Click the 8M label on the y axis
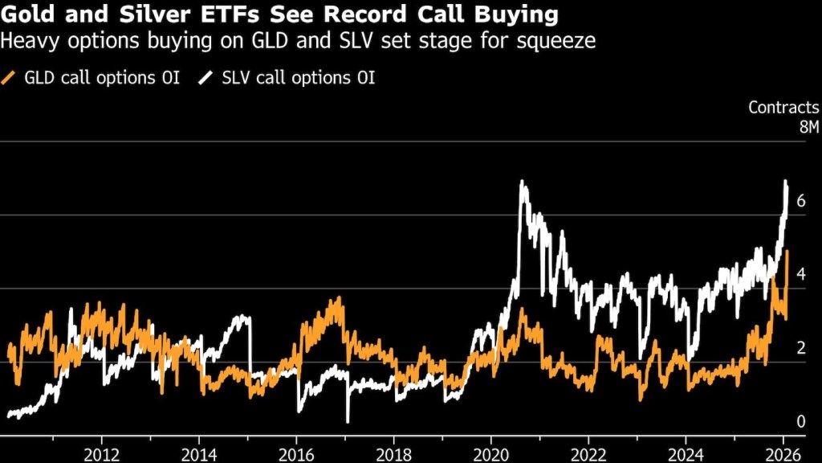coord(807,127)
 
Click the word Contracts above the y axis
coord(783,107)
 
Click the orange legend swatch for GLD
coord(10,78)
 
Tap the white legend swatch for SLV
coord(207,78)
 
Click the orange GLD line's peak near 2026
coord(787,252)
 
